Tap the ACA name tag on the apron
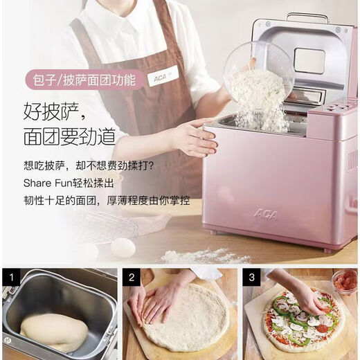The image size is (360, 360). pos(163,75)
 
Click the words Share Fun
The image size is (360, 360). pos(46,184)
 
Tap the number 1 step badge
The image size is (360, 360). pos(10,278)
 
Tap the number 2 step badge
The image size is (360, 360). pos(132,278)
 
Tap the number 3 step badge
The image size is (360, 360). pos(252,278)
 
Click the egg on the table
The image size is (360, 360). pos(123,247)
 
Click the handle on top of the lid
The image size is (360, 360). pos(307,16)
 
